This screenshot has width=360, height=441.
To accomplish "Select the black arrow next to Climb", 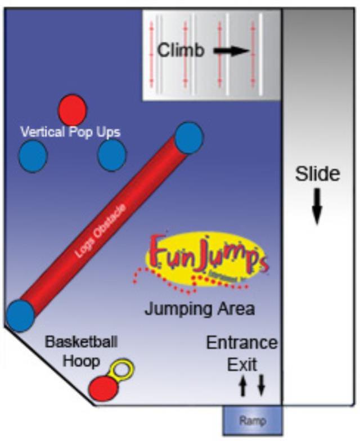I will pyautogui.click(x=231, y=51).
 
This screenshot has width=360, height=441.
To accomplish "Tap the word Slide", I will pyautogui.click(x=318, y=174).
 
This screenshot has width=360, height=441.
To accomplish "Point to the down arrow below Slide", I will pyautogui.click(x=317, y=206).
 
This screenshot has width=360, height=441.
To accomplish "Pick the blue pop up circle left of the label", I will pyautogui.click(x=33, y=156).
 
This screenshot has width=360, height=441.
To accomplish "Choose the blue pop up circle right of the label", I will pyautogui.click(x=111, y=155).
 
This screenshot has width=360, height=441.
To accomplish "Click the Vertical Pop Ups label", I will pyautogui.click(x=70, y=132).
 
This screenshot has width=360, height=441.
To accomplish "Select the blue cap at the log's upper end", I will pyautogui.click(x=188, y=138).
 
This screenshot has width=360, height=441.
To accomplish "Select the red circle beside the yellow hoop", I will pyautogui.click(x=102, y=388).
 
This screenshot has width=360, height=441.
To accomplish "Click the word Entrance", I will pyautogui.click(x=241, y=343).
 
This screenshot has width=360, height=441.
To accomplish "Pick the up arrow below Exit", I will pyautogui.click(x=243, y=385).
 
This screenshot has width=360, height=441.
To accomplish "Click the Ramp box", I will pyautogui.click(x=251, y=420).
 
